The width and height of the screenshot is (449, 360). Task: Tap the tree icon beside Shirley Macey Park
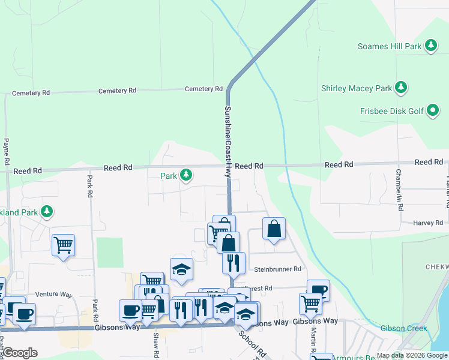tap(401, 88)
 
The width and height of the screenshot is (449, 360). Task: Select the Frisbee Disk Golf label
tap(392, 110)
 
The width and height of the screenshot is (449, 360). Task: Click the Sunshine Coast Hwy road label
tap(228, 141)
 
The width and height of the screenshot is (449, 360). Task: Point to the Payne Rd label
tap(6, 152)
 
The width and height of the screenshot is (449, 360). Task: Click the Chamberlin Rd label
tap(398, 189)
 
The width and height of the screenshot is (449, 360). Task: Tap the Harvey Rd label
tap(428, 223)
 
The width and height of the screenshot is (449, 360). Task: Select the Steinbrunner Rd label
tap(277, 270)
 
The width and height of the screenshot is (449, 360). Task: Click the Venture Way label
tap(53, 295)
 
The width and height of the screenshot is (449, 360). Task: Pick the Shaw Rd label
tap(155, 344)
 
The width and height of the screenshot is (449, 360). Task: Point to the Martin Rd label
tap(313, 340)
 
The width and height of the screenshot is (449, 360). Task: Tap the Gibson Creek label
tap(403, 328)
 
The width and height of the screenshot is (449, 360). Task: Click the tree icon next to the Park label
tap(187, 175)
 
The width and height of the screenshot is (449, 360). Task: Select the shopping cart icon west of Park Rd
tap(63, 244)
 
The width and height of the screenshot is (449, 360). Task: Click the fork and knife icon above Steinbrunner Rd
tap(233, 262)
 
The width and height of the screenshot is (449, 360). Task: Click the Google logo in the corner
tap(20, 352)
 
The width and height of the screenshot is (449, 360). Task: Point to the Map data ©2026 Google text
tap(411, 355)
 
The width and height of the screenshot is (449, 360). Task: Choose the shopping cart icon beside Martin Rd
tap(310, 303)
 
